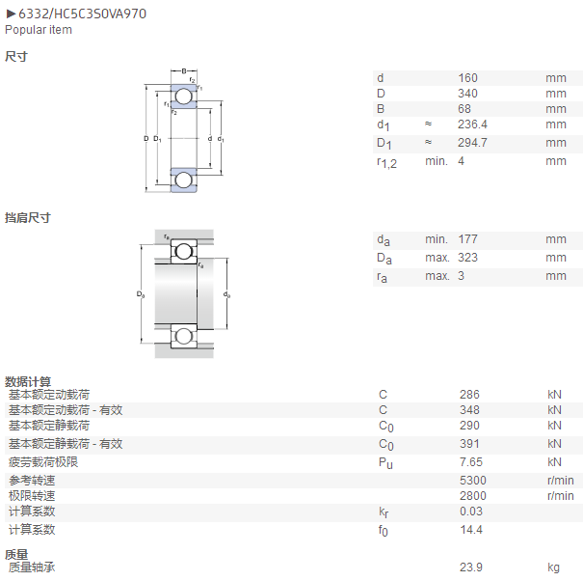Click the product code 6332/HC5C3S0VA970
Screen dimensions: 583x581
[82, 14]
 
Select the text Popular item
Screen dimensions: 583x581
[39, 30]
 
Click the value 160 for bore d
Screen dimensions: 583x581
[467, 78]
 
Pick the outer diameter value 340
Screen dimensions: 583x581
[467, 94]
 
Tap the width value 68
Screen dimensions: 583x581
[464, 109]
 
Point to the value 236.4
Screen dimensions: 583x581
[472, 124]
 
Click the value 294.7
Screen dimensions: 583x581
[472, 143]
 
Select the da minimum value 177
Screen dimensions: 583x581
[467, 239]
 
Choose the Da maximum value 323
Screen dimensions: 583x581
[467, 258]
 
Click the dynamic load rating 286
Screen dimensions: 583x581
[469, 395]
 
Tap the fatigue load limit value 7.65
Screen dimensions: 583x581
[470, 462]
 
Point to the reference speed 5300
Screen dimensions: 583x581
[472, 481]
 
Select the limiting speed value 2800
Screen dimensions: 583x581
[472, 496]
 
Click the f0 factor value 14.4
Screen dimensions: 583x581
[470, 530]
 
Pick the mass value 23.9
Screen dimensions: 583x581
[470, 567]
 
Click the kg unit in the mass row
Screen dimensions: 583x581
[553, 567]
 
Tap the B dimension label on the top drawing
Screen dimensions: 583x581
[184, 70]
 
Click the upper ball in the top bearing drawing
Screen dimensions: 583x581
[184, 97]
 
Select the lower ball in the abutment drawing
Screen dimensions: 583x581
[184, 336]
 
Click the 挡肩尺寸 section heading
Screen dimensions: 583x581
[28, 218]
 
